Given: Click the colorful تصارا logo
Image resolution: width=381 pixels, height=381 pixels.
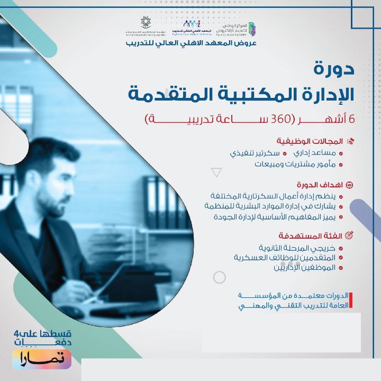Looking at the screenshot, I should click(42, 359).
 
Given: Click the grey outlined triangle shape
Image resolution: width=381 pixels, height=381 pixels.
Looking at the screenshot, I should click(216, 172).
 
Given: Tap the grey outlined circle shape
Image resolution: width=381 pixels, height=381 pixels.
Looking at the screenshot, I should click(219, 277).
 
